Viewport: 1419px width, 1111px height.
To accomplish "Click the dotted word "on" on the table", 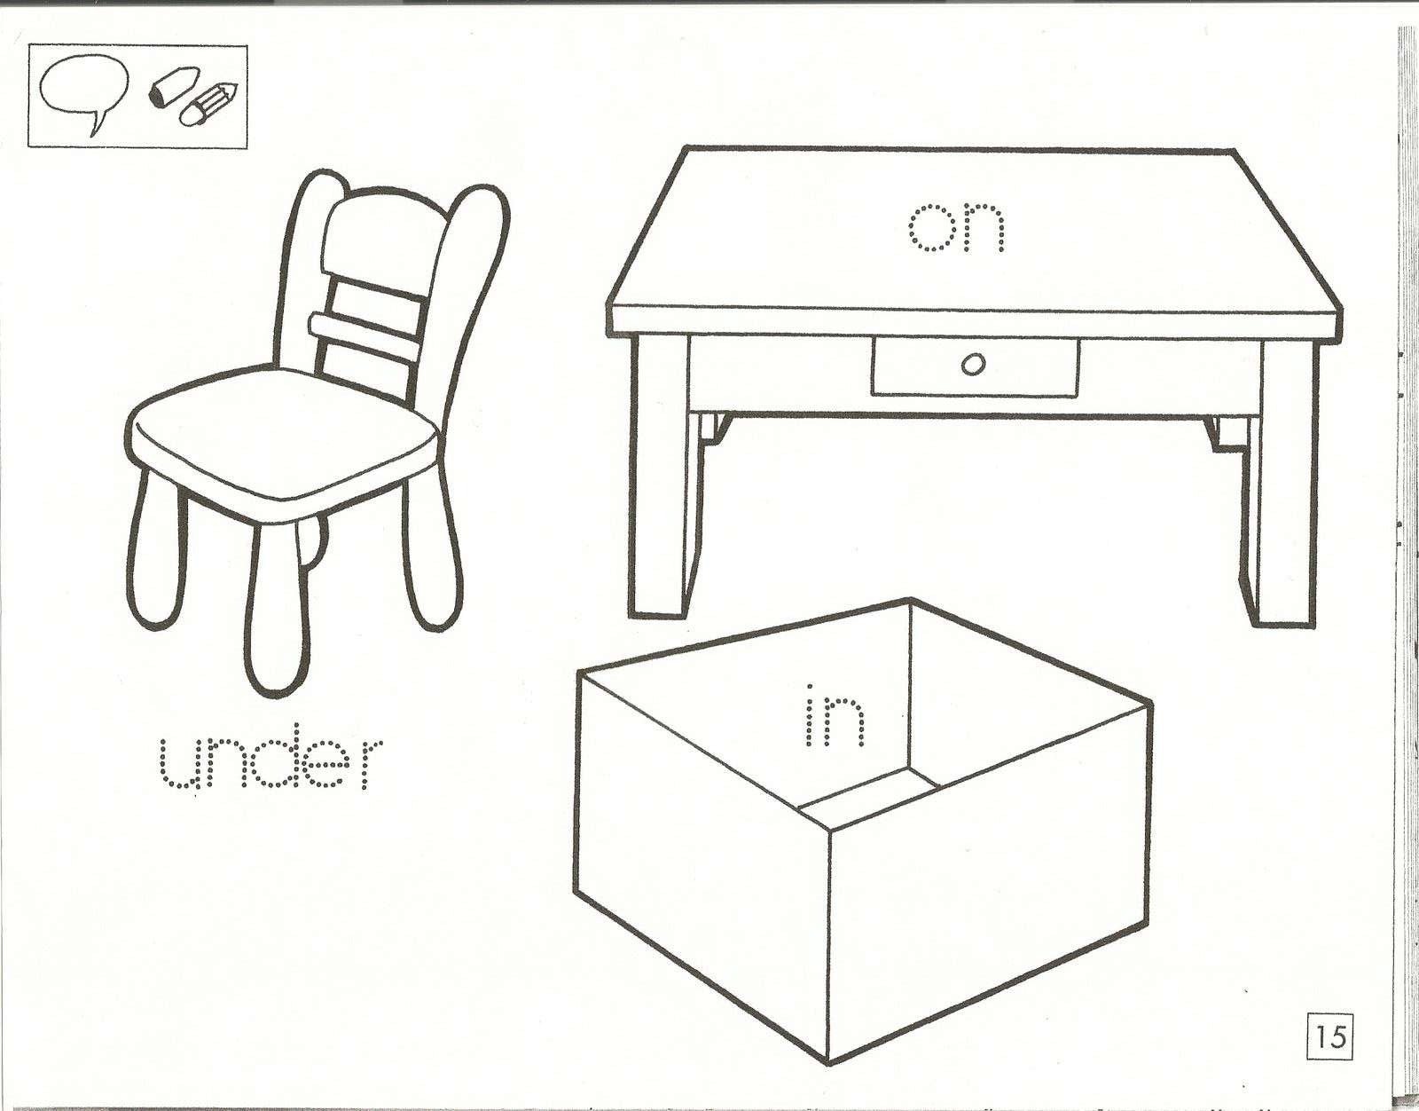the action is [957, 228].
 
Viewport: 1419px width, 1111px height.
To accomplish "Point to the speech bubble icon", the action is [83, 95].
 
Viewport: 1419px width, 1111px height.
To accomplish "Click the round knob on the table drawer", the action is [973, 364].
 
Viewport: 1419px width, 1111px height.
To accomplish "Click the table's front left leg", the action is [660, 476].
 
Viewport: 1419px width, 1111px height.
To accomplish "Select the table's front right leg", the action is [1289, 484].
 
